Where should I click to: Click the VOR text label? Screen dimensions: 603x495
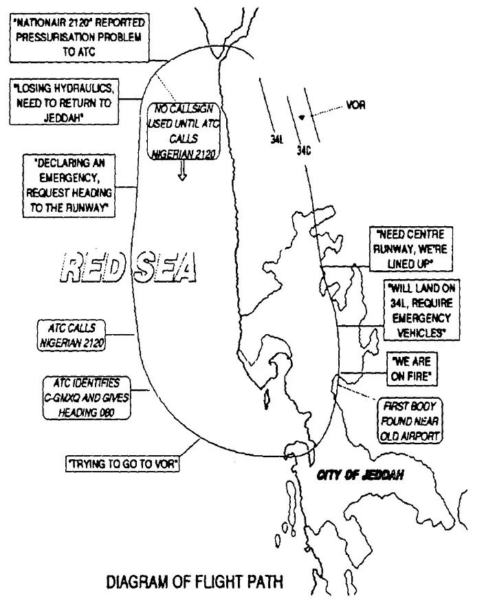(356, 105)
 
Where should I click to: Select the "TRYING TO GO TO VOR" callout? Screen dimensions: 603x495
(123, 465)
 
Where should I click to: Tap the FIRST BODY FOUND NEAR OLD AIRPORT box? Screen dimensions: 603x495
(409, 420)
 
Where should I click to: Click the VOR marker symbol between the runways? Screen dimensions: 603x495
(302, 118)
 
